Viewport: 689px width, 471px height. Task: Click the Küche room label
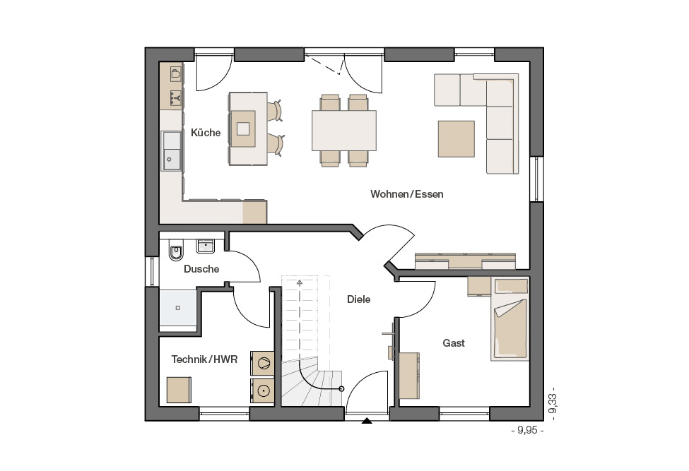(x=206, y=133)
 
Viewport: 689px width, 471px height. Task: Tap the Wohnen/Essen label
(x=407, y=194)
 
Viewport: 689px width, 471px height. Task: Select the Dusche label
(x=201, y=269)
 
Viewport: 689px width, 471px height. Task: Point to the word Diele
(x=358, y=299)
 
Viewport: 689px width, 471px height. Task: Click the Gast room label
(x=454, y=342)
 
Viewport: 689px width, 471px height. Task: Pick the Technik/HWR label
(x=204, y=359)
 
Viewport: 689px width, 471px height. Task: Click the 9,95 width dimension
(x=527, y=430)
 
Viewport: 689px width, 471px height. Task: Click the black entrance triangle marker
(x=367, y=422)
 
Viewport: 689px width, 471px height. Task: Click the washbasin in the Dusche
(x=205, y=246)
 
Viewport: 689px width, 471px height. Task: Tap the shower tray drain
(x=178, y=308)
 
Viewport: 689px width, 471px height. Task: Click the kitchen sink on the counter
(x=172, y=151)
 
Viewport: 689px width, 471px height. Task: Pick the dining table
(x=344, y=131)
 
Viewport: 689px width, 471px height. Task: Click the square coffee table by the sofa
(x=456, y=138)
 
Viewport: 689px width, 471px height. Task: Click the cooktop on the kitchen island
(x=243, y=129)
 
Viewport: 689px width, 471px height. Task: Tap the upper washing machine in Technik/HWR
(x=262, y=364)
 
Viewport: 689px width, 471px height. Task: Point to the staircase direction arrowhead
(x=300, y=282)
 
